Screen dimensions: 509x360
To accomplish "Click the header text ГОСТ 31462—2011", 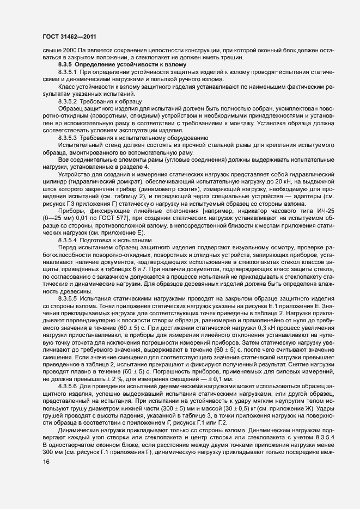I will click(66, 36).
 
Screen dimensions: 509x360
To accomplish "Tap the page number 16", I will click(47, 462).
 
